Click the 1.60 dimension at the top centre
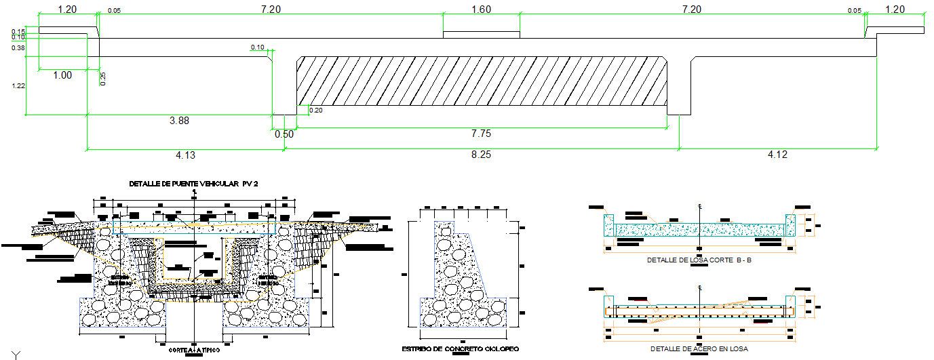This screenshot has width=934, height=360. click(480, 9)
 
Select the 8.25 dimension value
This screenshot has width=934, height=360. click(480, 155)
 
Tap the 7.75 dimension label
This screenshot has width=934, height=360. click(482, 134)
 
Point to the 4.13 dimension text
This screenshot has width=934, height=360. click(185, 155)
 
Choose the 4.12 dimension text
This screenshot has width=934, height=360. click(777, 155)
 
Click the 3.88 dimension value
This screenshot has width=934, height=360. click(179, 121)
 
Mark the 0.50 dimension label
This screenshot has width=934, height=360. click(284, 134)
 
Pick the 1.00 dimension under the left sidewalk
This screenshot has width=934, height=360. click(62, 75)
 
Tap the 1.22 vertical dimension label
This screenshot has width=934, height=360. click(18, 86)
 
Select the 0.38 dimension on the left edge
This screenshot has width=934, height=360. click(18, 48)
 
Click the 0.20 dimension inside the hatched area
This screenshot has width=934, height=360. click(315, 111)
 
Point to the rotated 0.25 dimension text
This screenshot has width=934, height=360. click(104, 79)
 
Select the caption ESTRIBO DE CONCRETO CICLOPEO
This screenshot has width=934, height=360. click(461, 348)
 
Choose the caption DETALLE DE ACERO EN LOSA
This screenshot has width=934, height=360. click(699, 348)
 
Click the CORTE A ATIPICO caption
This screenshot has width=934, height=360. click(194, 351)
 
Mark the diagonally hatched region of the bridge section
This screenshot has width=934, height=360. click(482, 81)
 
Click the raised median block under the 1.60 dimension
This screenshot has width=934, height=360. click(481, 35)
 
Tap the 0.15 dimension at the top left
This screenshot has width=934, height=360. click(18, 31)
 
